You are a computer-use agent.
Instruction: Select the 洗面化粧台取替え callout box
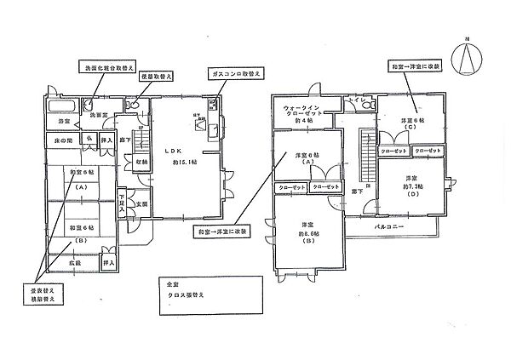[106, 67]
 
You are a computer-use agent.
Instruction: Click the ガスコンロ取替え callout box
[233, 75]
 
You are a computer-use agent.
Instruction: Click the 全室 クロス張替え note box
[208, 294]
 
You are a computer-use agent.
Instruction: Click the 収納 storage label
[141, 161]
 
